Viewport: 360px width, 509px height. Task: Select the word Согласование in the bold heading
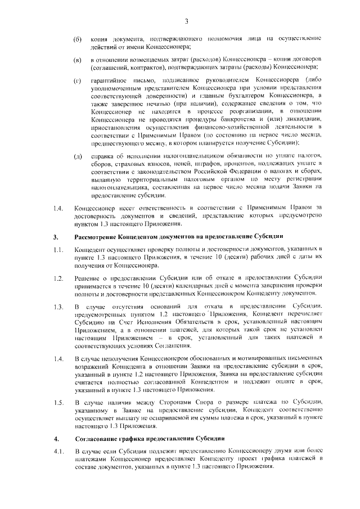[x=96, y=437]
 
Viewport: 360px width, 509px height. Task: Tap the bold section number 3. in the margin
[x=55, y=236]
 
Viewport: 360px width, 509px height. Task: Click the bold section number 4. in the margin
[x=55, y=437]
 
